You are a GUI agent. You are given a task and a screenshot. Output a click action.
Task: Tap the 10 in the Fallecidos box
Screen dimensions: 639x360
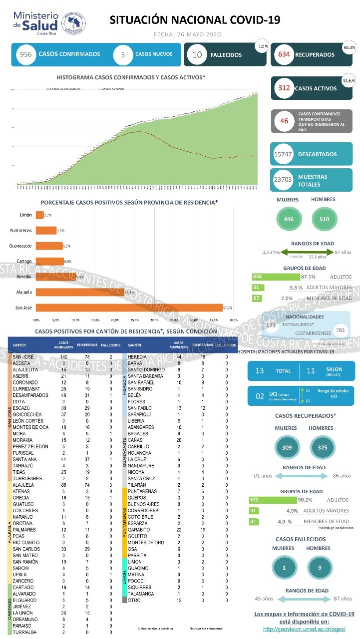tap(197, 54)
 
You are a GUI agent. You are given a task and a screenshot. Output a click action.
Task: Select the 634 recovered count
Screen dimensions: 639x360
tap(285, 54)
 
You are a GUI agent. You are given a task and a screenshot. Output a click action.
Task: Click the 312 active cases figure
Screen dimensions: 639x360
tap(284, 88)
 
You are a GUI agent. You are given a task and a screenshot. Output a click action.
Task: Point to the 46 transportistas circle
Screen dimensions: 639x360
tap(284, 121)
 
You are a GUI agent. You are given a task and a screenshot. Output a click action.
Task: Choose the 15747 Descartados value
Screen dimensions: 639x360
tap(284, 155)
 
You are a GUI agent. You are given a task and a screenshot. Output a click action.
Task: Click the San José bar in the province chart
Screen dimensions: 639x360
tap(129, 308)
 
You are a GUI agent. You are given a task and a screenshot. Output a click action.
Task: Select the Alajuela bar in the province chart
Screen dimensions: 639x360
tap(80, 292)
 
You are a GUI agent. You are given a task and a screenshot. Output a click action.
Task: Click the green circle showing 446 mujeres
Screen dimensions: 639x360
tap(289, 219)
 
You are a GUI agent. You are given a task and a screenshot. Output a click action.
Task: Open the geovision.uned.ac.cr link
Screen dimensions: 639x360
tap(304, 629)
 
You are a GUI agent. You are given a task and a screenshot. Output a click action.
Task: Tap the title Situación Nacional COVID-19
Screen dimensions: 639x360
tap(195, 20)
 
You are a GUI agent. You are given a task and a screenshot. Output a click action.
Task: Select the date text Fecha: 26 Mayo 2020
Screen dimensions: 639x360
tap(187, 34)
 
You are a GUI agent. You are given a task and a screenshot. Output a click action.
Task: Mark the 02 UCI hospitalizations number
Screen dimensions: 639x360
tap(260, 396)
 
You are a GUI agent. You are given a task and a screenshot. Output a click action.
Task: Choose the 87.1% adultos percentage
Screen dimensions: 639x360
tap(308, 277)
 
